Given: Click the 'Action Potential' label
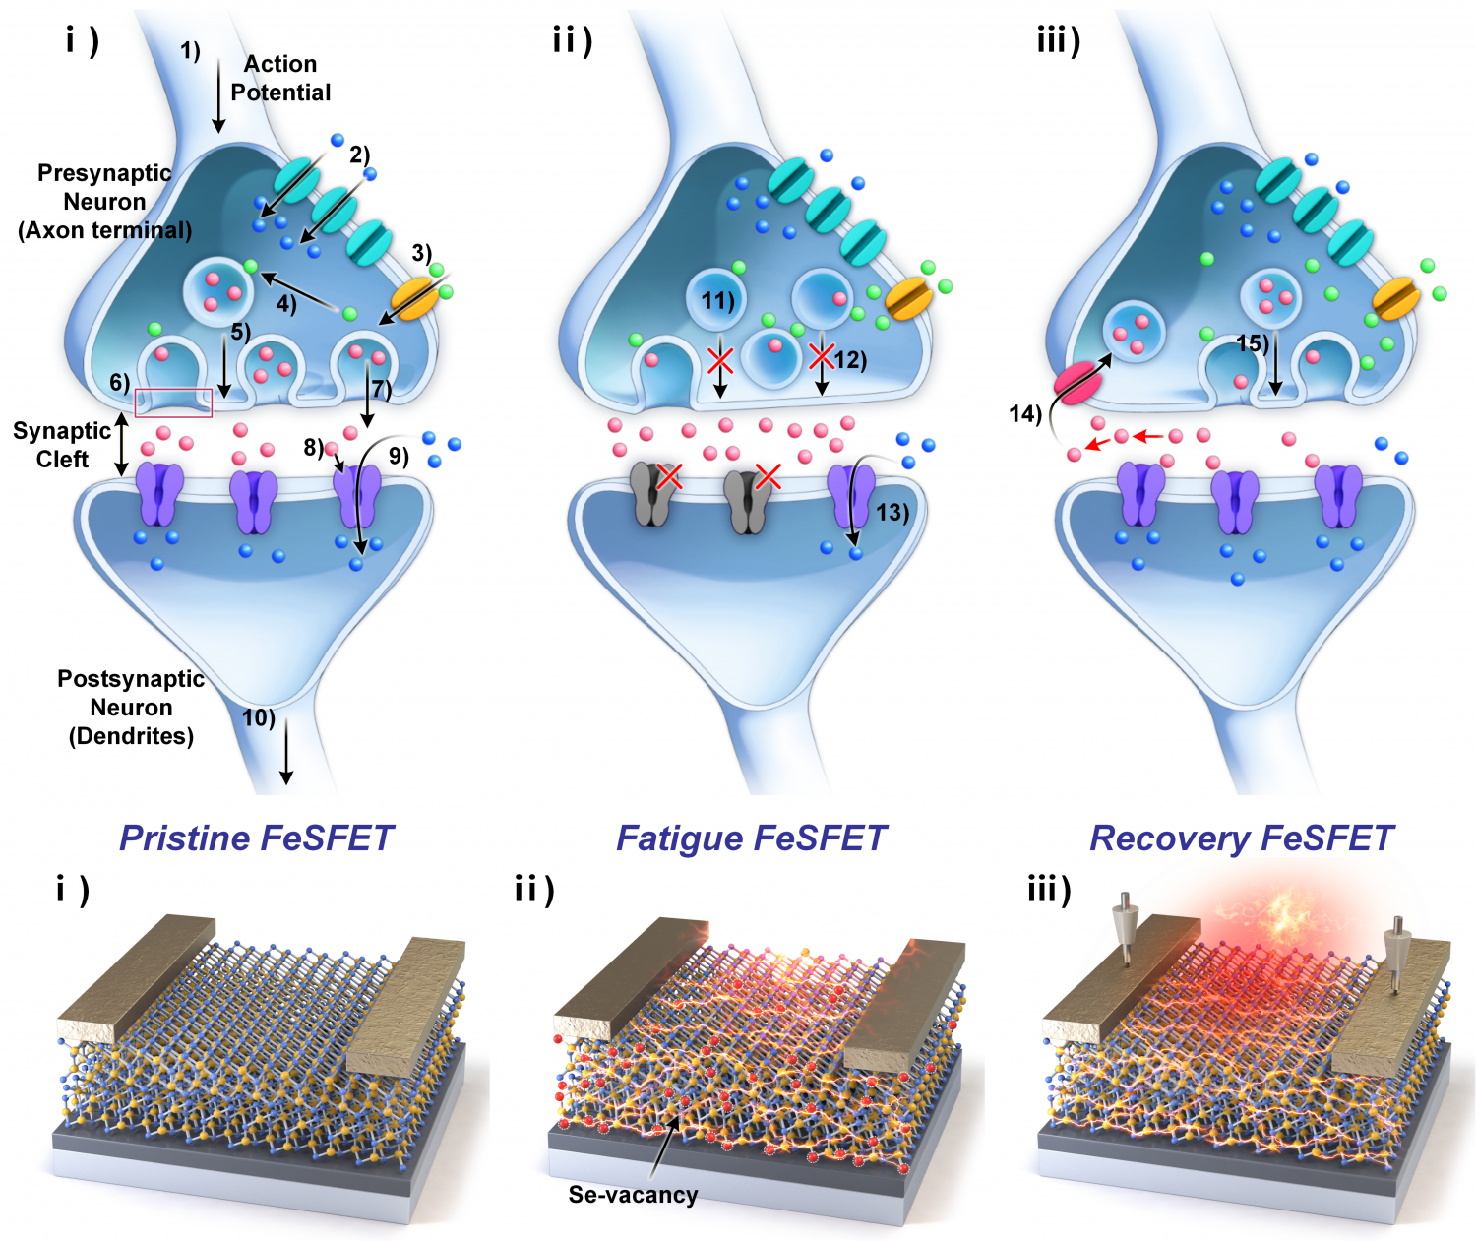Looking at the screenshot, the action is point(280,78).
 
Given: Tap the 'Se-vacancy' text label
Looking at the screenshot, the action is point(634,1194).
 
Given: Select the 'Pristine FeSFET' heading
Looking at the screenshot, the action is point(257,838).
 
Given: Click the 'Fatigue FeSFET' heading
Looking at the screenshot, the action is point(751,838).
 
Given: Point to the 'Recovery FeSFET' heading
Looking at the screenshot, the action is point(1241,838).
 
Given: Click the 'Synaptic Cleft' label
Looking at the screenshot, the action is point(62,445).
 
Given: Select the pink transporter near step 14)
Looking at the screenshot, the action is point(1077,384).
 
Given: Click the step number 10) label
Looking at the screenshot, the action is point(258,717).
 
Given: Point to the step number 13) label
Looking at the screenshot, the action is point(892,511).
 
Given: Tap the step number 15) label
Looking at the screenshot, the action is point(1252,343).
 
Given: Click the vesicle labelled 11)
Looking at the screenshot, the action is point(717,300).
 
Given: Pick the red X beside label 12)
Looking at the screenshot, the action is point(822,355).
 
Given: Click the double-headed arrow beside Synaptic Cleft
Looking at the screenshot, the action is point(122,444).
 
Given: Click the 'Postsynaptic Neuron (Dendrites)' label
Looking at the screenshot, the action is point(131,708).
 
